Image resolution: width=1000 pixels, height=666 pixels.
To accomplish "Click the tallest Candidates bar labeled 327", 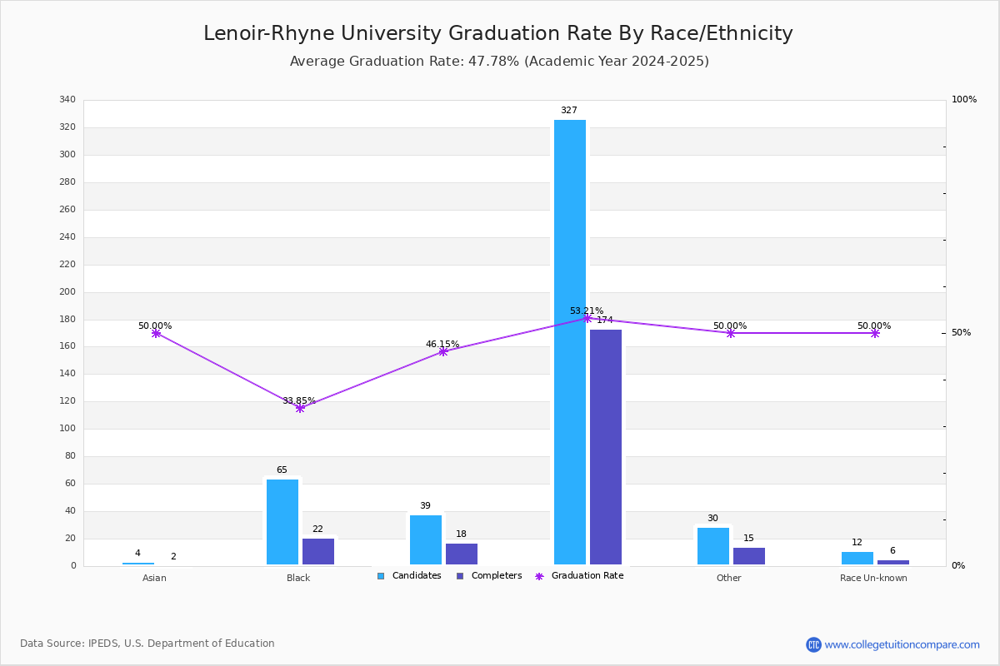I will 570,342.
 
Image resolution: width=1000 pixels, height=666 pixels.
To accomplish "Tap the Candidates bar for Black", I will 282,522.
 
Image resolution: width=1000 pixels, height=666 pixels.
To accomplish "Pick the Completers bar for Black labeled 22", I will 318,551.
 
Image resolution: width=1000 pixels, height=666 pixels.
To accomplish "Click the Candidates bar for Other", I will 713,546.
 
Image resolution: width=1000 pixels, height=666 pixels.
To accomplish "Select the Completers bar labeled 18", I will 462,554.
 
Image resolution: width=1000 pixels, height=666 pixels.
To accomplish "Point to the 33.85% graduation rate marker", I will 300,408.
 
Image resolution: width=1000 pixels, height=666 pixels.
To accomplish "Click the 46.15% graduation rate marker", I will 443,351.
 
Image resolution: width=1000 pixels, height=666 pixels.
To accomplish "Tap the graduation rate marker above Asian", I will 156,333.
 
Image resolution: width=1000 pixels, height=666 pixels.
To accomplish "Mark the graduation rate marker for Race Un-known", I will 875,333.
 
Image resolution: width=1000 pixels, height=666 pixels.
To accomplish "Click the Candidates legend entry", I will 409,576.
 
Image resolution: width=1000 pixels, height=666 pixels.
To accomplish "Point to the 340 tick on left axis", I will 67,100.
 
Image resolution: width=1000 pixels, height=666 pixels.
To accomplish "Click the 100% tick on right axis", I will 964,100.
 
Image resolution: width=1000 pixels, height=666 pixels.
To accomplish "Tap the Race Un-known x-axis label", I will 873,579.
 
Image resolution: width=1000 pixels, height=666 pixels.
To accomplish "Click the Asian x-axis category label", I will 154,579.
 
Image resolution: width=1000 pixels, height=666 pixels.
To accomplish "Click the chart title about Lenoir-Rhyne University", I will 498,33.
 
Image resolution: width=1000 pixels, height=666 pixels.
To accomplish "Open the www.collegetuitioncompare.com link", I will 902,644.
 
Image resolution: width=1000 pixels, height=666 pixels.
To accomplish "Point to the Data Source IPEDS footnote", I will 147,644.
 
